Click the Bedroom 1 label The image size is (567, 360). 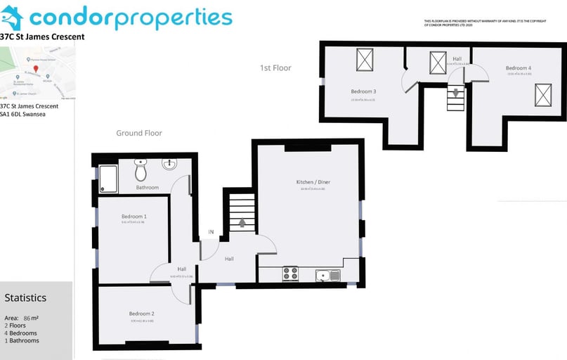[x=133, y=216]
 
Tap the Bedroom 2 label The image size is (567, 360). [x=141, y=314]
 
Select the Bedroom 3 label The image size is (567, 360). [x=363, y=91]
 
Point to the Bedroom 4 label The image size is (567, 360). [x=518, y=68]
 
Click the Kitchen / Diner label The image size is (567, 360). [x=313, y=182]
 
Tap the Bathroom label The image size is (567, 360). [x=148, y=188]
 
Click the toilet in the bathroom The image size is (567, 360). [x=141, y=169]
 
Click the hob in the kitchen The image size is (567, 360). [x=290, y=274]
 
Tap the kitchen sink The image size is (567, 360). [x=327, y=274]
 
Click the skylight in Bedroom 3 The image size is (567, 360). [x=365, y=60]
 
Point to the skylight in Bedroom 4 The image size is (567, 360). [x=543, y=94]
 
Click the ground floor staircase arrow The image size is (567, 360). [x=242, y=223]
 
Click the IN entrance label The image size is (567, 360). [x=210, y=233]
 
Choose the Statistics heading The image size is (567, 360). [x=25, y=297]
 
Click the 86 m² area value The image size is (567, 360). [x=31, y=318]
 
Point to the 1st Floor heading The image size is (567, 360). [x=275, y=68]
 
